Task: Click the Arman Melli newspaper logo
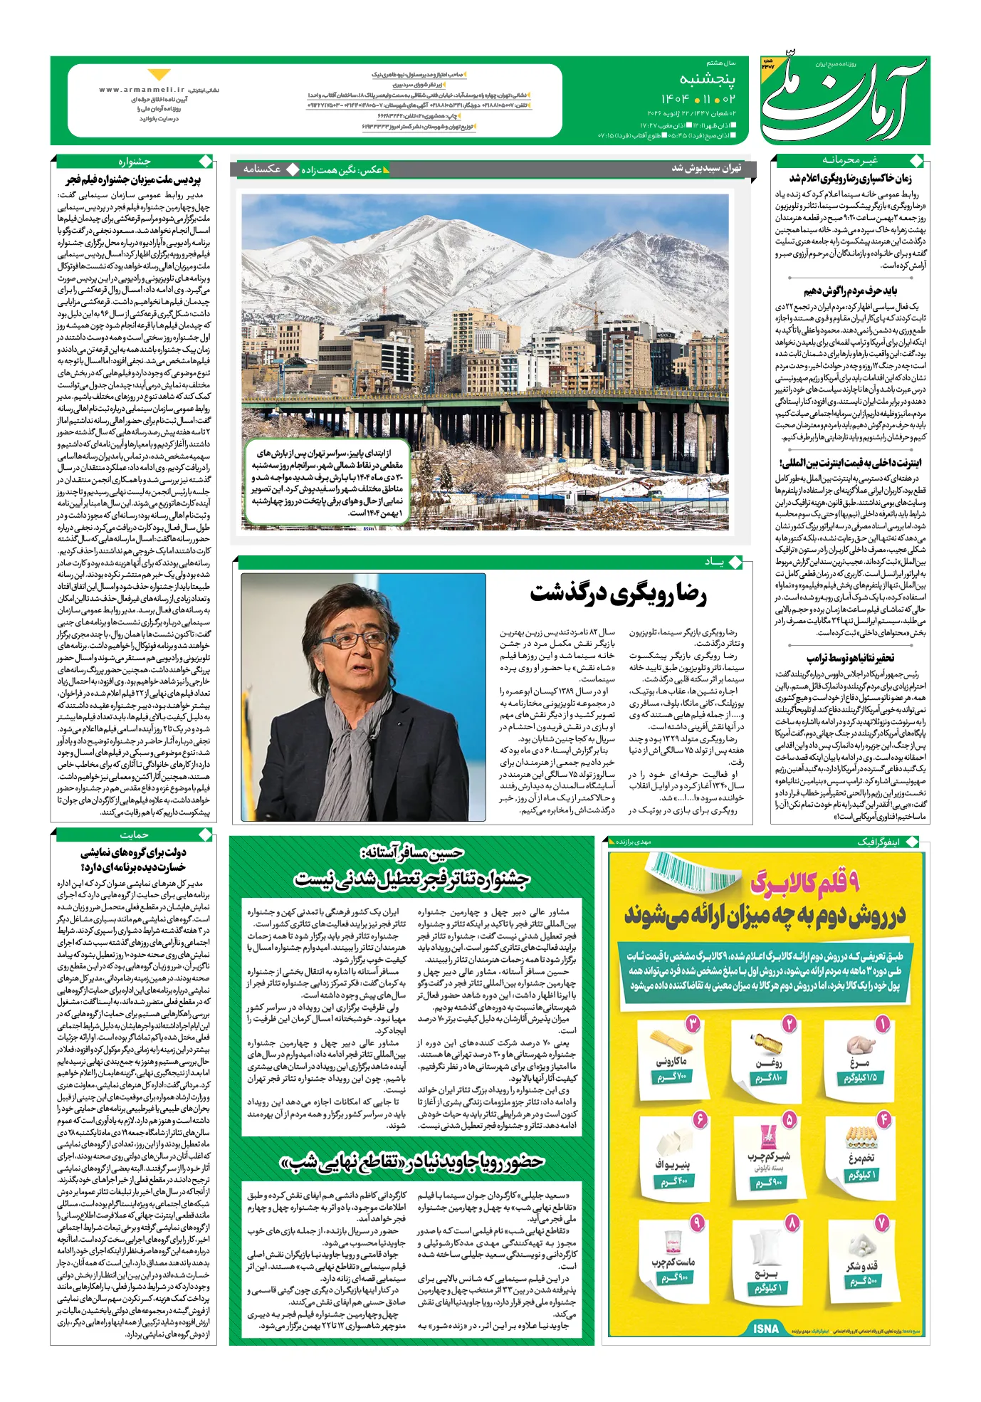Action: tap(844, 100)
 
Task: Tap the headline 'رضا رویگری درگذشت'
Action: tap(619, 594)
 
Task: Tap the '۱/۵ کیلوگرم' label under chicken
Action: tap(860, 1077)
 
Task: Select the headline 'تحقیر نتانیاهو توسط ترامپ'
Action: tap(850, 658)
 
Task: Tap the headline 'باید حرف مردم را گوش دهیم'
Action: tap(850, 291)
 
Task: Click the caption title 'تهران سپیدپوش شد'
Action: tap(706, 168)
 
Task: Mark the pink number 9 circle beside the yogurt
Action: tap(697, 1223)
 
